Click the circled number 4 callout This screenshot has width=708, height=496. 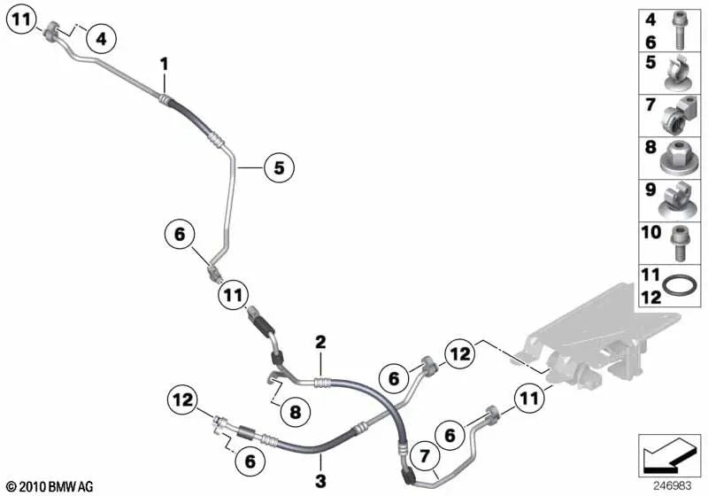click(x=100, y=38)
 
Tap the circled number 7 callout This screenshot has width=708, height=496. click(x=424, y=457)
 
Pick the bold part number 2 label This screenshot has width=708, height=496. click(x=321, y=341)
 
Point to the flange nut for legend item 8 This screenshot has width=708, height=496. click(x=681, y=158)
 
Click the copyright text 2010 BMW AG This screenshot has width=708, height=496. click(x=50, y=485)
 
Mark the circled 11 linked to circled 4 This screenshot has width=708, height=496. click(x=22, y=19)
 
